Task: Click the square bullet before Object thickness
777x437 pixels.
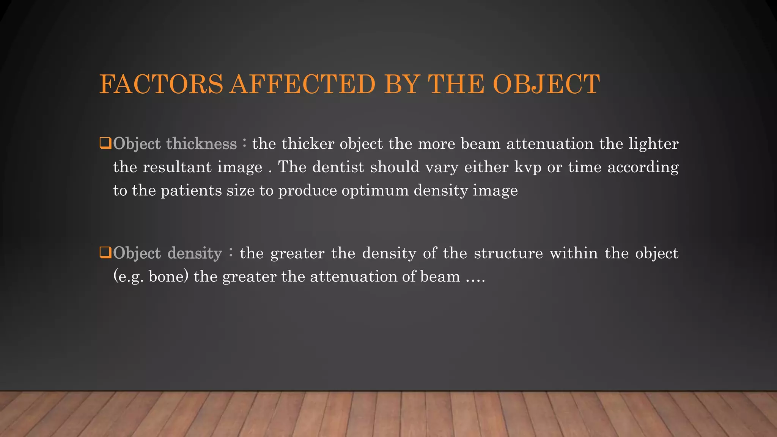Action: pos(105,143)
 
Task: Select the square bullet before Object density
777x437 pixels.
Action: pos(105,253)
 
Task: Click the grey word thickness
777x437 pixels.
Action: pos(201,144)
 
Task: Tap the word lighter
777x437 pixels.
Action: pos(653,144)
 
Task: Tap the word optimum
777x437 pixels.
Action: pos(375,190)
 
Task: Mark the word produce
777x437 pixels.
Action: pos(307,190)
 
